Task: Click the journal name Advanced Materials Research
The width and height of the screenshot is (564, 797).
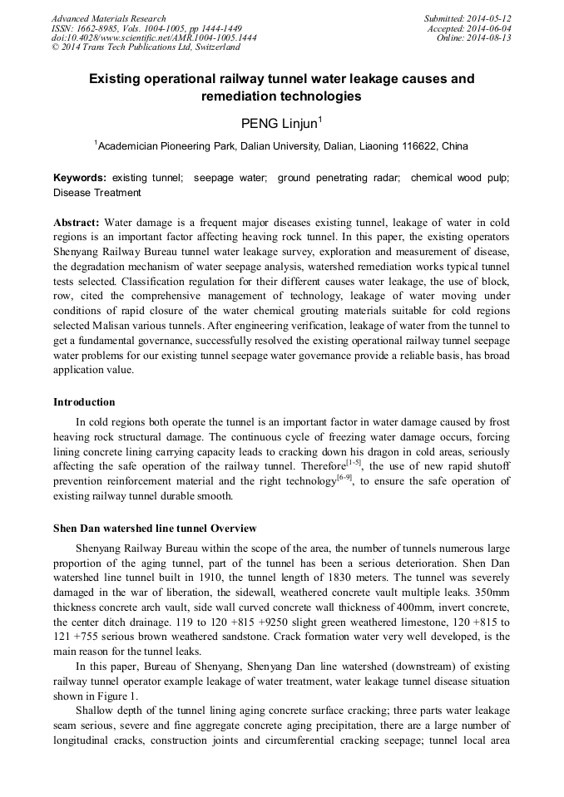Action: (108, 18)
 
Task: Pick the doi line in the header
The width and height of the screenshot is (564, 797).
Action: (153, 38)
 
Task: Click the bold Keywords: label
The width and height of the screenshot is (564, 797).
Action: (80, 178)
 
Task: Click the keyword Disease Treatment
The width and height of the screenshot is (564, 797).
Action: (96, 193)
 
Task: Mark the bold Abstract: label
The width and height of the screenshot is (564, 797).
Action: (77, 224)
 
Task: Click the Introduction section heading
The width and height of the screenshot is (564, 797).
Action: (84, 402)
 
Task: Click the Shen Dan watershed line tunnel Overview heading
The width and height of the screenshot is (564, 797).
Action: (155, 528)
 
